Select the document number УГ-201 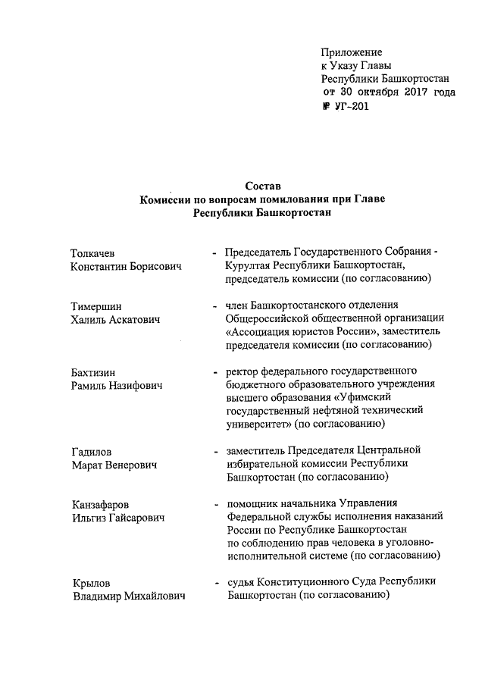pyautogui.click(x=351, y=106)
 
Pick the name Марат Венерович pyautogui.click(x=114, y=465)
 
